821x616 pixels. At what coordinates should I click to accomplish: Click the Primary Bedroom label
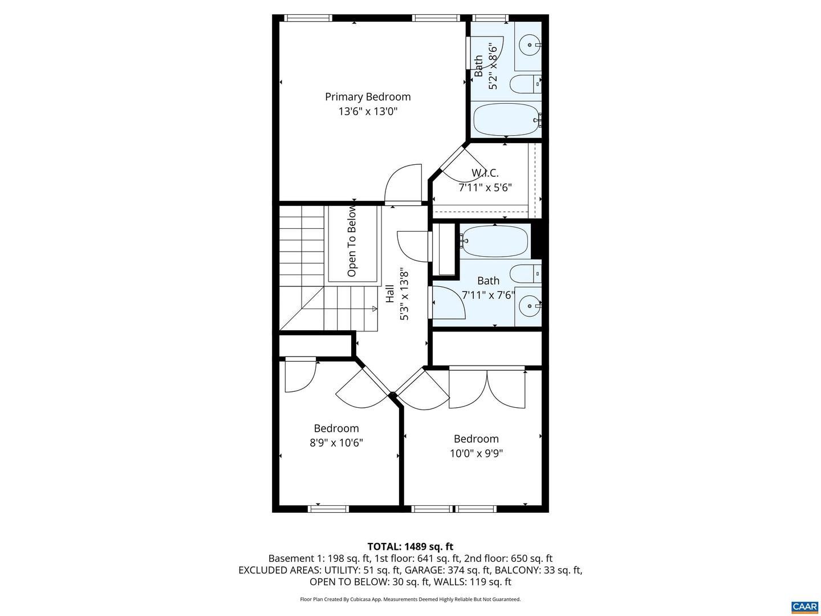(368, 97)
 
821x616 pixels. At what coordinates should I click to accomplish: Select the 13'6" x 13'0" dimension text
(368, 111)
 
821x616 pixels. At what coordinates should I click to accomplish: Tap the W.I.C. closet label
(485, 173)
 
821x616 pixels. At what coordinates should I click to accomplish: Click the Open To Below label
(352, 241)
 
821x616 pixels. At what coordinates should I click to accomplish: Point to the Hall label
(390, 294)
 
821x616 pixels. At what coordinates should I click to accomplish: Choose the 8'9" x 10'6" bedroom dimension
(336, 443)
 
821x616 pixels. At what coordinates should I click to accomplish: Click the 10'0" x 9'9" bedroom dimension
(476, 453)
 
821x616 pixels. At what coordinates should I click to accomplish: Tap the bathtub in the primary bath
(505, 119)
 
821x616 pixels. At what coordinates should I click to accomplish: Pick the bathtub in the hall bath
(495, 241)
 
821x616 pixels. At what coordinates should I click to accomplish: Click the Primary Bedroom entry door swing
(403, 184)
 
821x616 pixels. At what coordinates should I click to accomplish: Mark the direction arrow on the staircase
(374, 309)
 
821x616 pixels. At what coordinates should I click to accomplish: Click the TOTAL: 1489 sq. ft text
(410, 547)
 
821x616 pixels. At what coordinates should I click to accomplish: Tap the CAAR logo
(804, 606)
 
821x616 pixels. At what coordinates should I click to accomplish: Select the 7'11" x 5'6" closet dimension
(485, 187)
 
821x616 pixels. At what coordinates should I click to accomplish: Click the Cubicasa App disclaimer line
(410, 599)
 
